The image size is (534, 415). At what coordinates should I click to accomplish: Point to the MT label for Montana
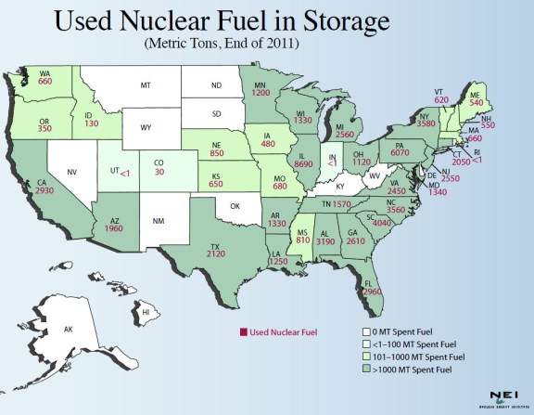[x=146, y=84]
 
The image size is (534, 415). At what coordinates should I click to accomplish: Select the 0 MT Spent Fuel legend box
[x=366, y=331]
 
